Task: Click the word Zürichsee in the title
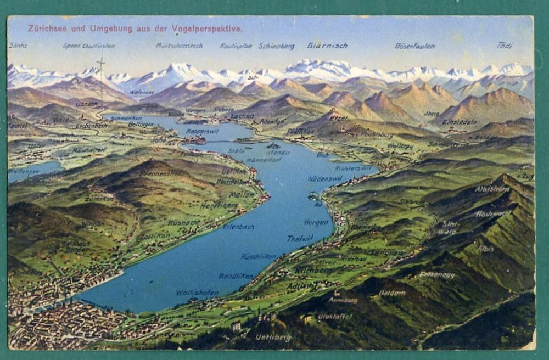(x=47, y=29)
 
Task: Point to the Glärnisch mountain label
(x=327, y=46)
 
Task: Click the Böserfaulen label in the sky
(x=414, y=46)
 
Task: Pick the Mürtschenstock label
(x=178, y=46)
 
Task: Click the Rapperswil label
(x=203, y=132)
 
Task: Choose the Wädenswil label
(x=325, y=178)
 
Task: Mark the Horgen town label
(x=316, y=222)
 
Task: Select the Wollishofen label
(x=197, y=292)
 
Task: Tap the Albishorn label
(x=492, y=189)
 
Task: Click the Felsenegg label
(x=437, y=274)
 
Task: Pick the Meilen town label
(x=242, y=194)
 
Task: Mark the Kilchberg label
(x=313, y=271)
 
